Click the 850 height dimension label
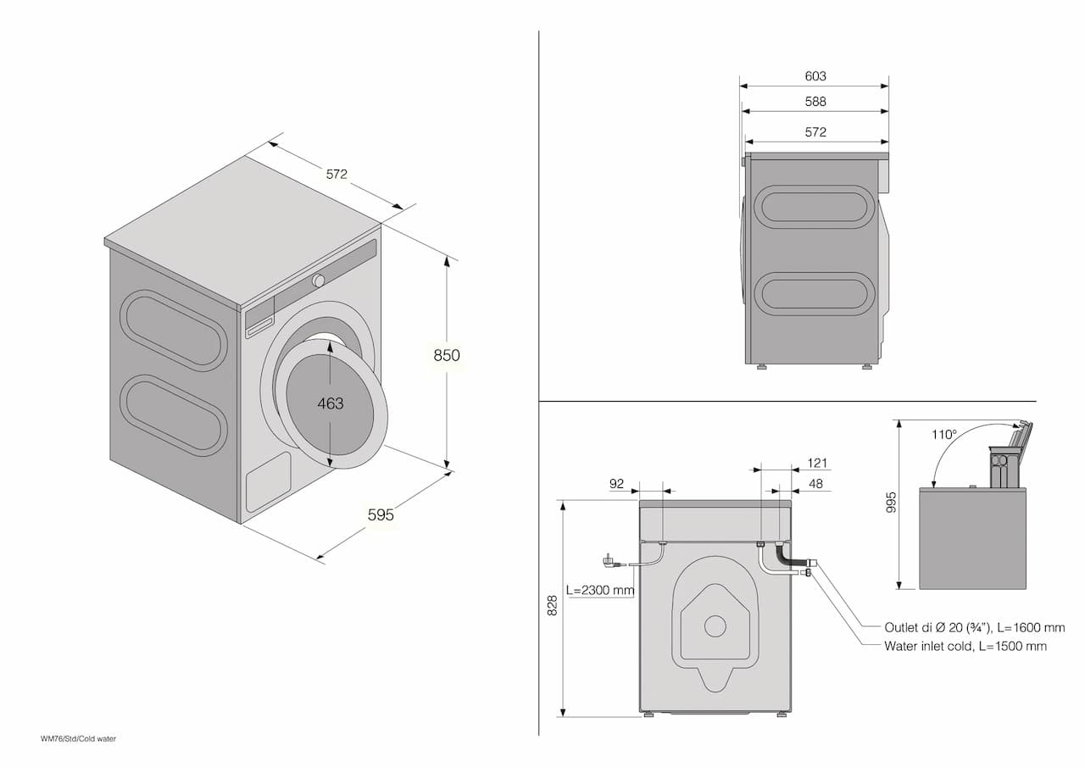coord(447,355)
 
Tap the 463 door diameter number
coord(331,403)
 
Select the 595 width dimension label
coord(381,514)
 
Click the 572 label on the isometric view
coord(337,175)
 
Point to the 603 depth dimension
coord(815,76)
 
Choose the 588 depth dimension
coord(815,102)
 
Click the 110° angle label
coord(943,434)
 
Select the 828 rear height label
coord(553,605)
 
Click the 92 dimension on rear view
coord(616,484)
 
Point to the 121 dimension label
coord(817,463)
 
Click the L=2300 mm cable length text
coord(600,590)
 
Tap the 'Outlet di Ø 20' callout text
coord(974,628)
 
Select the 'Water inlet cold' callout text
coord(965,646)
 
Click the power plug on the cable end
coord(608,560)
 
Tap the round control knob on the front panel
coord(319,281)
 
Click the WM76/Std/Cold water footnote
coord(78,739)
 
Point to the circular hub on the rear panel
coord(715,626)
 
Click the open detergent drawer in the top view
coord(1006,463)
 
